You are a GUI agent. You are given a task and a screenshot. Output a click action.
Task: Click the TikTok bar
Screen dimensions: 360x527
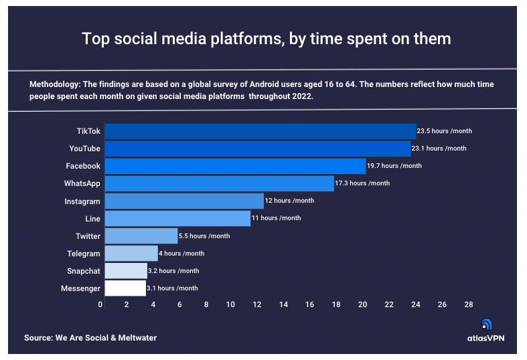260,131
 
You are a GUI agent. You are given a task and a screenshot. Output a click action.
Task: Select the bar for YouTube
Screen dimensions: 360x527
258,149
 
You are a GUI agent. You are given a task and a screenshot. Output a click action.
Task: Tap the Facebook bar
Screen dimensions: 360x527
235,166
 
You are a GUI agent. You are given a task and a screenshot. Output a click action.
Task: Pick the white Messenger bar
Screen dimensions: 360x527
125,288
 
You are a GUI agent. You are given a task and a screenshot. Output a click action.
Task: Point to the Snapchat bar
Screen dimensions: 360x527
126,270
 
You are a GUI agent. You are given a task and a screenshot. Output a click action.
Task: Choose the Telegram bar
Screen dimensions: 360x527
131,254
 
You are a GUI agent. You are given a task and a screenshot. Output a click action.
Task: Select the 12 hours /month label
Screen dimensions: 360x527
290,201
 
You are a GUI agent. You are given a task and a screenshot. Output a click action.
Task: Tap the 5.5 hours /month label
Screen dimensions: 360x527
204,236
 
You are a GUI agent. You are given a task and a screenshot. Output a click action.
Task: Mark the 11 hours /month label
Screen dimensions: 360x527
277,218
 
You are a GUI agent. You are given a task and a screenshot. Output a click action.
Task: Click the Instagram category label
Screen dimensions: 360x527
83,201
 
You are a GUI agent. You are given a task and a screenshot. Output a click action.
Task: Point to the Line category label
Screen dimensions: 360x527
92,219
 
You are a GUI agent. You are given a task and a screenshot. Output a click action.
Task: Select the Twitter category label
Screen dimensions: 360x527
88,236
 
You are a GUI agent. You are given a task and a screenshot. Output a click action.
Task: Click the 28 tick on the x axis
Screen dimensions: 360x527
468,305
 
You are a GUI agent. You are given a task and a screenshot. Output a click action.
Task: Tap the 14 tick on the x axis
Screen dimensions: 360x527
283,305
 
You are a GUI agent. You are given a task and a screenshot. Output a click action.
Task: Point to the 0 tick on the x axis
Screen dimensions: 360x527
100,305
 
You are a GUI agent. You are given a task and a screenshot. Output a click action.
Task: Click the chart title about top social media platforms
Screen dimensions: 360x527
266,39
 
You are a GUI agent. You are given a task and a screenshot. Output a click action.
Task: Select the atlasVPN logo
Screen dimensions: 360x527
485,331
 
